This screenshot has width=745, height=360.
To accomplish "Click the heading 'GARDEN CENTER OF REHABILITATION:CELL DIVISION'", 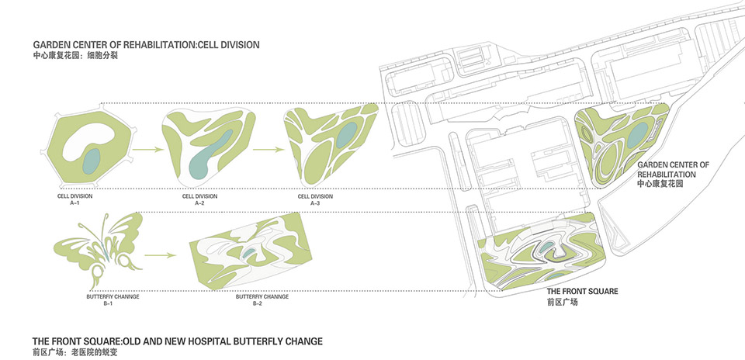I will pos(146,45).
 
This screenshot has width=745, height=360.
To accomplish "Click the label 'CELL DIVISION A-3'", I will pos(315,199).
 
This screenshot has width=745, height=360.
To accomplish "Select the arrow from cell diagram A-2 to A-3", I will pos(266,146).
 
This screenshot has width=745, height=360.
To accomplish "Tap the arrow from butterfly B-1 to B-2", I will pos(159,254).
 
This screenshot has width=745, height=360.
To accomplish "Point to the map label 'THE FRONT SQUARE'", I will pos(582,292).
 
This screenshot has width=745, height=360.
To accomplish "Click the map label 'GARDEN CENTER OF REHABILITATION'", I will pos(673,170).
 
